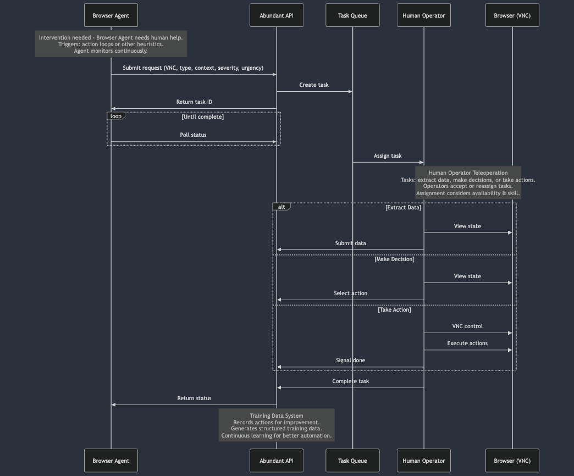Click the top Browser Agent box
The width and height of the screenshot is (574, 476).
[111, 15]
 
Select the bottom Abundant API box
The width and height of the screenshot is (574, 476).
[276, 461]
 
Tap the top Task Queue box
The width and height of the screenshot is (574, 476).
[352, 15]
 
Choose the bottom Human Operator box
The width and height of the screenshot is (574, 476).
[423, 461]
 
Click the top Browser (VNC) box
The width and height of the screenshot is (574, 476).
[512, 15]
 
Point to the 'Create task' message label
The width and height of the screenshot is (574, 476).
[314, 85]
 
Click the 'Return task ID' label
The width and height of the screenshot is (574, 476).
[194, 102]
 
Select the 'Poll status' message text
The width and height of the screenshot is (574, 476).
[193, 135]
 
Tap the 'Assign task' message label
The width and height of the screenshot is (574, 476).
[388, 156]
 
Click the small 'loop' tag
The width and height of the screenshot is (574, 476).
[116, 117]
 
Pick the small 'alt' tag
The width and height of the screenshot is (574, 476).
[282, 207]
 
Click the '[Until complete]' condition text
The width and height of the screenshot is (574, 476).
[202, 117]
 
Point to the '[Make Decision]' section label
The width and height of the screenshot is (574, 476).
[394, 259]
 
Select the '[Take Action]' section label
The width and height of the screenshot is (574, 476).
[394, 310]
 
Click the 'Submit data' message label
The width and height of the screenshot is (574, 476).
[350, 243]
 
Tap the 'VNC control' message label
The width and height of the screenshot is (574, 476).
[467, 326]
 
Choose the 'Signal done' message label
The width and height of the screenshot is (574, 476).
[350, 361]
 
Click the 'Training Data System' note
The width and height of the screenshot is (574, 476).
[276, 425]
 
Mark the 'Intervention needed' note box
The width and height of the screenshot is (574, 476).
[111, 44]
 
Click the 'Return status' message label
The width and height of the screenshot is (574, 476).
[194, 398]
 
